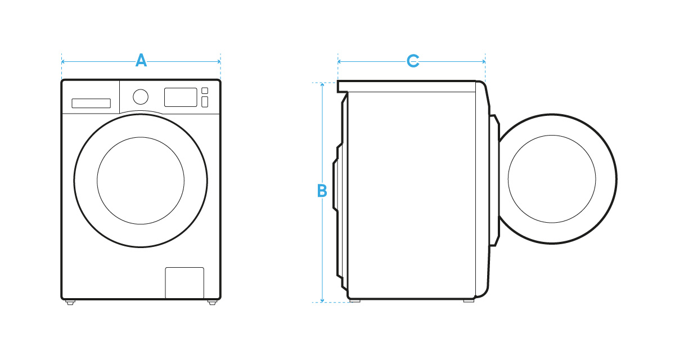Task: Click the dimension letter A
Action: point(141,60)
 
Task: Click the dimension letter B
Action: point(322,191)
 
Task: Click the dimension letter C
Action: point(413,61)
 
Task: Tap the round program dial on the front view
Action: point(141,96)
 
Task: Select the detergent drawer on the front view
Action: point(91,103)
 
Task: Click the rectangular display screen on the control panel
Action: point(180,97)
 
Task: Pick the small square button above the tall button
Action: point(205,91)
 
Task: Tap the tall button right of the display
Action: point(205,102)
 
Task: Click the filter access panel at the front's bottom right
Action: point(184,282)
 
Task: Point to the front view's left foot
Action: point(70,303)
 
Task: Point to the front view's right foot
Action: point(212,303)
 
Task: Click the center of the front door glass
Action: point(141,180)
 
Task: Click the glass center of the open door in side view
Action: point(552,179)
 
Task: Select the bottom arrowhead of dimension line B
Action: point(322,300)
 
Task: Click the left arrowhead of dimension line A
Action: point(64,61)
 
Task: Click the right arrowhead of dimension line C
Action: point(483,61)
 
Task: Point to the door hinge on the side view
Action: point(494,180)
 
